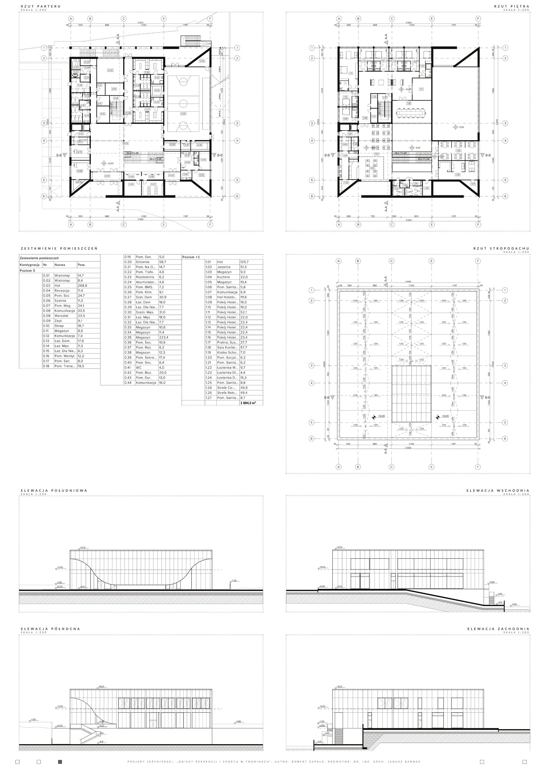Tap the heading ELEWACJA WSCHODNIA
coord(498,490)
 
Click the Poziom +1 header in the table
coord(191,257)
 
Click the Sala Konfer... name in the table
coord(227,348)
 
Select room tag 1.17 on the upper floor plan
coord(421,89)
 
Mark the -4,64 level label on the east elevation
coord(514,604)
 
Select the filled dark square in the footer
coord(60,762)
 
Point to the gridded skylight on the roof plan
coord(411,393)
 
